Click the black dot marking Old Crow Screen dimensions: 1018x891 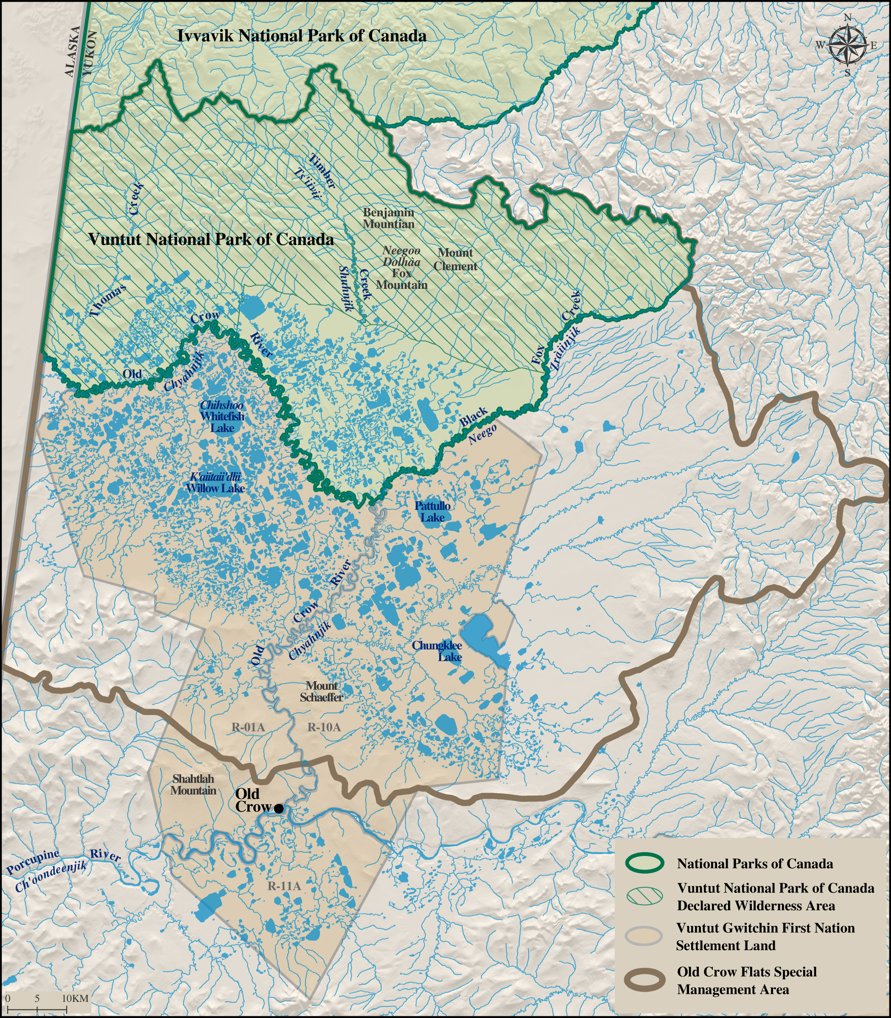click(279, 809)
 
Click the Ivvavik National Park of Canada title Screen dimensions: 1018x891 click(302, 36)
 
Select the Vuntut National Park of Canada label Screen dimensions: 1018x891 click(211, 240)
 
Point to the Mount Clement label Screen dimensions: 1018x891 click(455, 260)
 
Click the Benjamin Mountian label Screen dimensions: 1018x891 click(388, 218)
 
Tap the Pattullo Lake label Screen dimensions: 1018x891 click(433, 512)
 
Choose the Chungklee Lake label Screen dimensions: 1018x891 click(437, 651)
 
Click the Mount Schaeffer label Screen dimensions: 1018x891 click(321, 691)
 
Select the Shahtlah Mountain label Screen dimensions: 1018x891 click(193, 785)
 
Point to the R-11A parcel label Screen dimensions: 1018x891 click(284, 886)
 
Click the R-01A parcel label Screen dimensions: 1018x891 click(248, 727)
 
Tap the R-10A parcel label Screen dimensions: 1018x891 click(324, 727)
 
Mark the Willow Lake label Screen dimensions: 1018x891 click(215, 488)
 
